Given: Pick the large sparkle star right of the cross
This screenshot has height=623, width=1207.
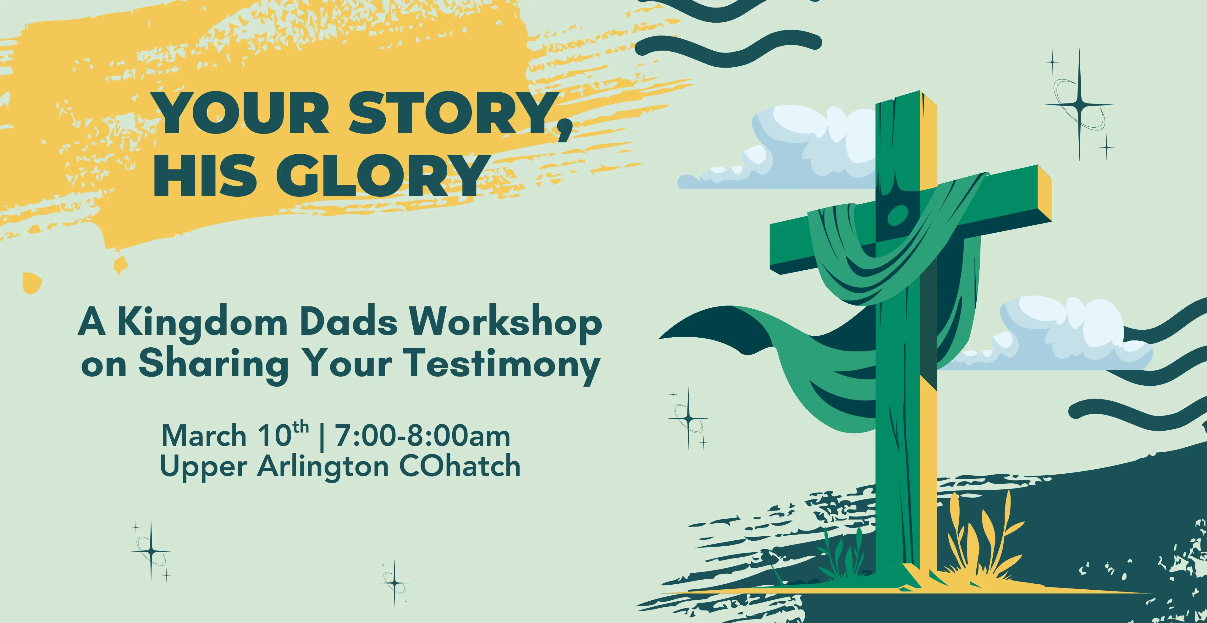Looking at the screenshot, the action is tap(1079, 104).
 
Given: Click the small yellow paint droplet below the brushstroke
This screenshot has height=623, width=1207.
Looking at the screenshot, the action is tap(32, 283).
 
